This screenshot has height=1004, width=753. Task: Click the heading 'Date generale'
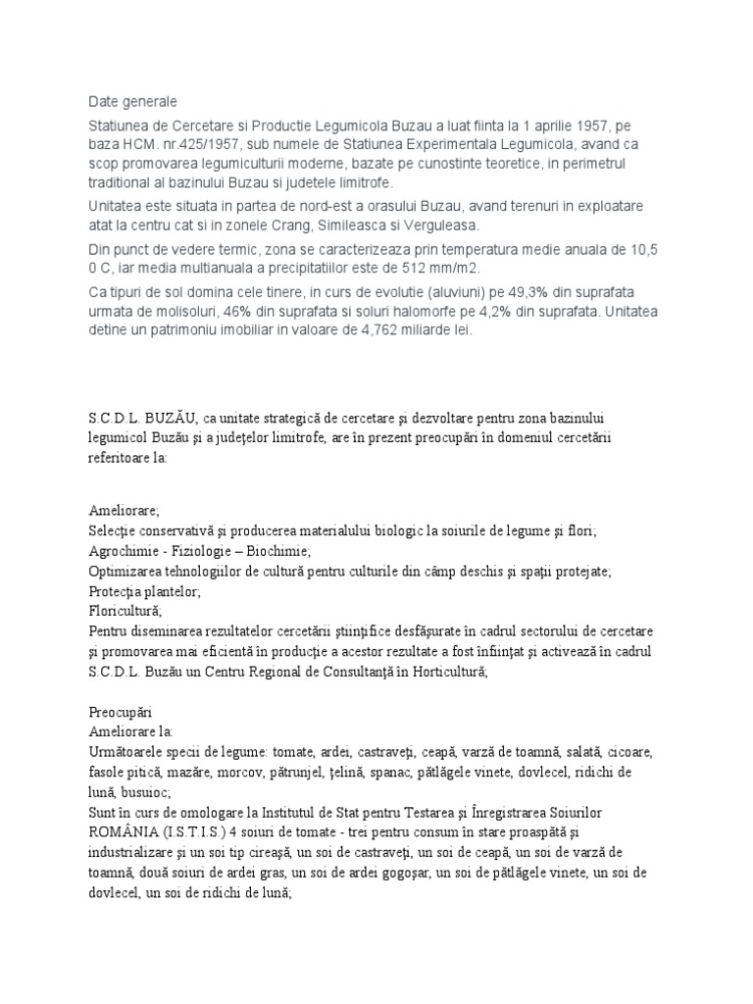coord(133,102)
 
